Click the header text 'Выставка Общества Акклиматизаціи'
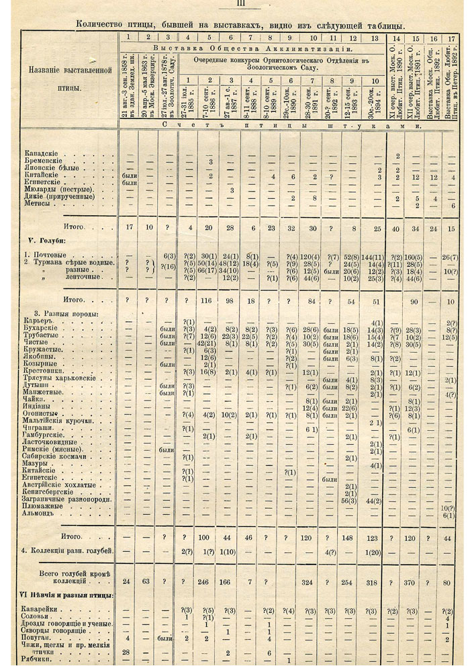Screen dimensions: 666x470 tap(252, 49)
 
